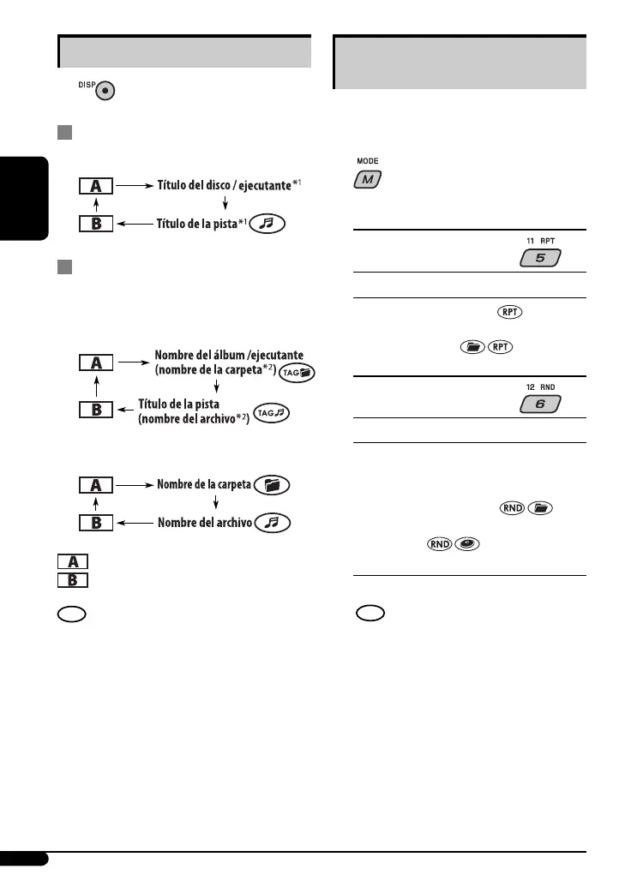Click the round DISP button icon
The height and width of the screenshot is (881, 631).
106,91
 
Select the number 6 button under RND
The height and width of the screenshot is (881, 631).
540,404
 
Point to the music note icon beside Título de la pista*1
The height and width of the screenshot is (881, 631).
267,225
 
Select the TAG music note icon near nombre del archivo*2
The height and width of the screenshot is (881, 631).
272,414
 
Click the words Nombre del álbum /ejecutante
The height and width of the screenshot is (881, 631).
229,355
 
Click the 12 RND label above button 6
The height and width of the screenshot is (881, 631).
540,387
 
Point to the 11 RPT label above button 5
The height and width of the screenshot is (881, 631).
540,241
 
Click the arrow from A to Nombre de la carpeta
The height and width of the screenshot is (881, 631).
133,485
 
